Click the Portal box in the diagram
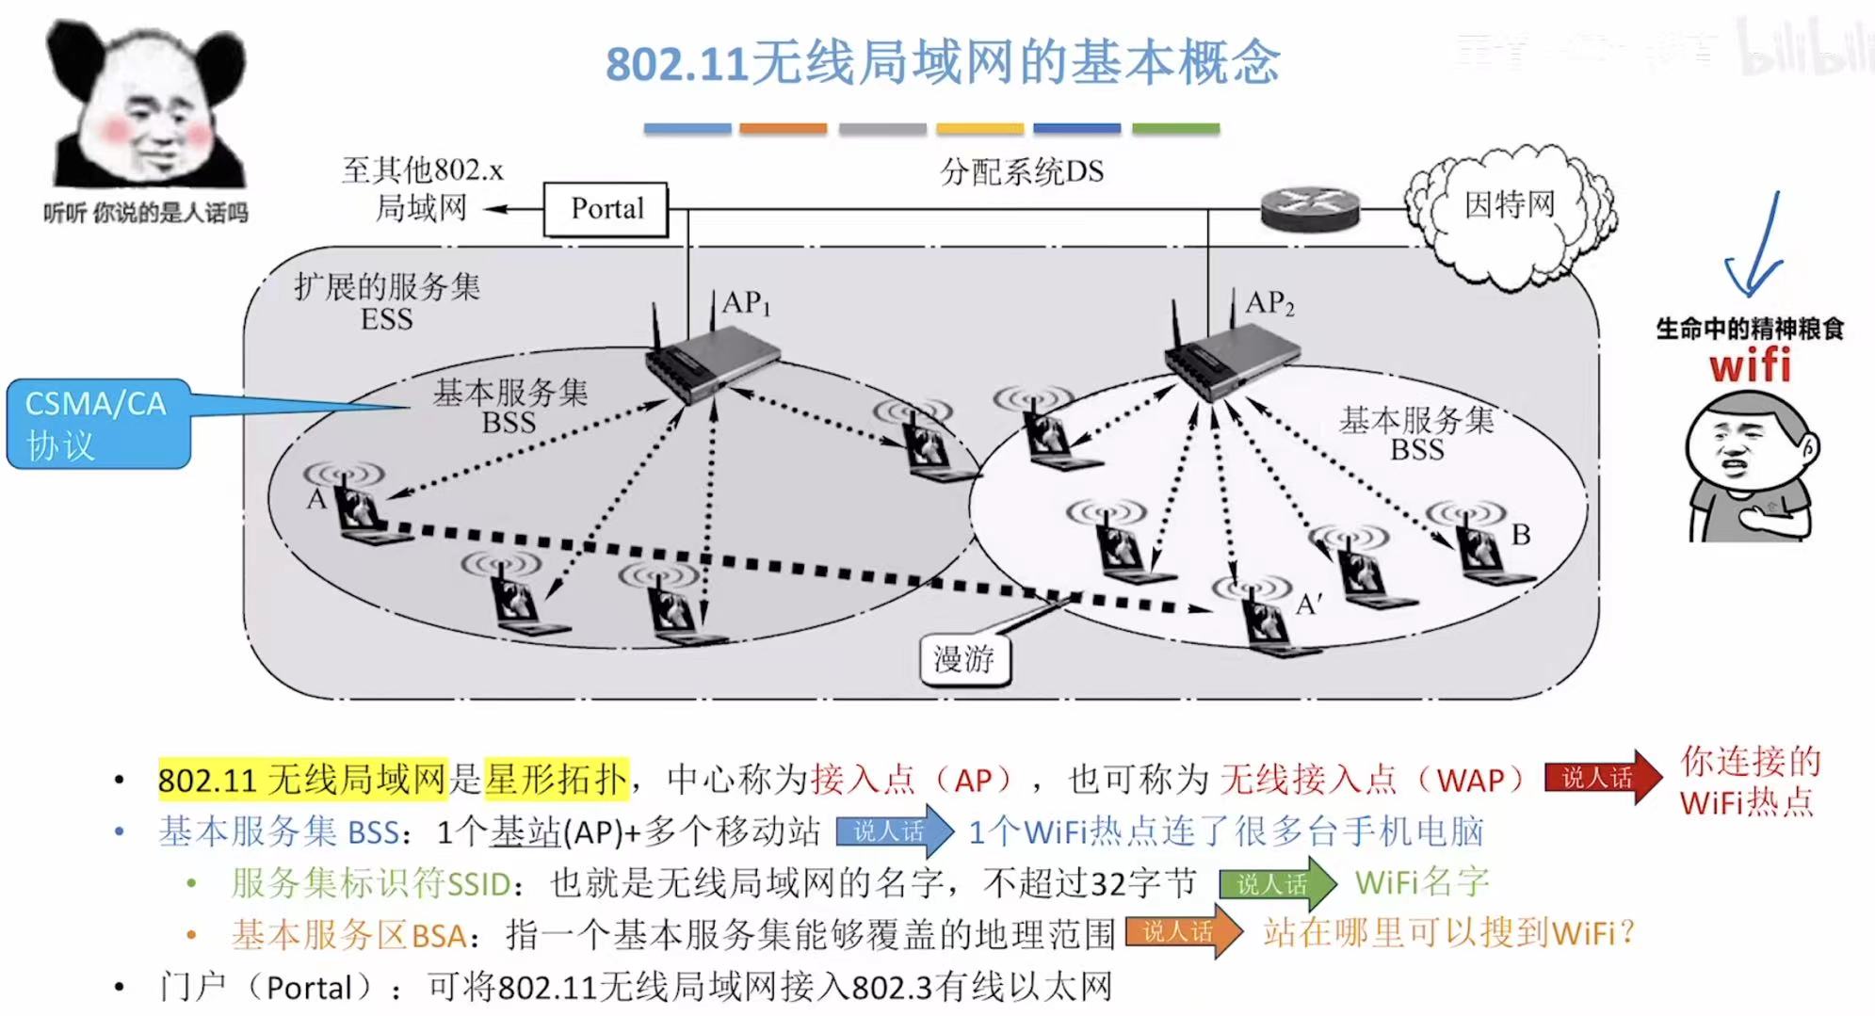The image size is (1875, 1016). (x=606, y=209)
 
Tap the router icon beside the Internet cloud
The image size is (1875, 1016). (x=1310, y=209)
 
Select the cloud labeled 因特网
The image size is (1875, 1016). (x=1510, y=212)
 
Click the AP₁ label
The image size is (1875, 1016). (x=746, y=303)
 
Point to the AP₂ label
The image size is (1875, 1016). (x=1269, y=303)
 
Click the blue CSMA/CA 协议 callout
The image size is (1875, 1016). (x=98, y=424)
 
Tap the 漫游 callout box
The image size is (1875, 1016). (x=963, y=658)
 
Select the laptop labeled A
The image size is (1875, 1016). (x=363, y=513)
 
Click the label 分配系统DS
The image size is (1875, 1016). (x=1022, y=171)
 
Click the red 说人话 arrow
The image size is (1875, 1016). (x=1602, y=778)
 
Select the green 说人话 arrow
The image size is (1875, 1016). (x=1276, y=883)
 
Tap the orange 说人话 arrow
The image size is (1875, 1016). (x=1183, y=932)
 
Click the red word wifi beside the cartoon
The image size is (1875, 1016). (x=1750, y=365)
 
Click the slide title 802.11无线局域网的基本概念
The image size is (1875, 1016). (x=942, y=64)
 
